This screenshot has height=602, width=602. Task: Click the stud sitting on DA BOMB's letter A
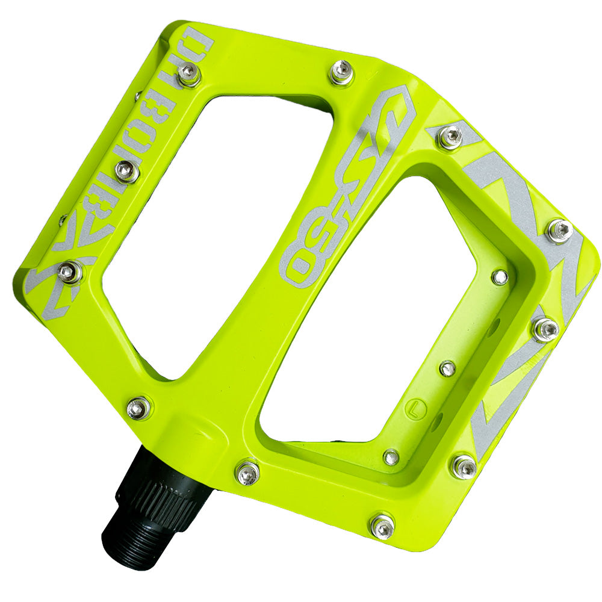(189, 75)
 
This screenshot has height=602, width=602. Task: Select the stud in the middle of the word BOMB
(127, 172)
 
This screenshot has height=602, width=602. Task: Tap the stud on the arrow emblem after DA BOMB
(71, 272)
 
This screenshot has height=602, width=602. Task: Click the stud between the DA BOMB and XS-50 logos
(341, 73)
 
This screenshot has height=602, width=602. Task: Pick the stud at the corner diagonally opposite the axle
(559, 231)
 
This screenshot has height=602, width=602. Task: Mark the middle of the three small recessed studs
(447, 368)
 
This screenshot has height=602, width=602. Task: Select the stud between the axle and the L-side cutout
(247, 473)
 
